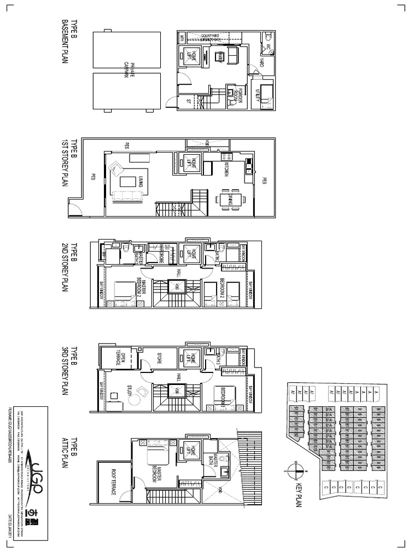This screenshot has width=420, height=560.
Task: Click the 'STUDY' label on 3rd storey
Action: pos(130,394)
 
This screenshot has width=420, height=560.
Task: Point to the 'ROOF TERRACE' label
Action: pos(113,481)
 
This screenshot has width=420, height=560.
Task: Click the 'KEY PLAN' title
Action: pos(299,493)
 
